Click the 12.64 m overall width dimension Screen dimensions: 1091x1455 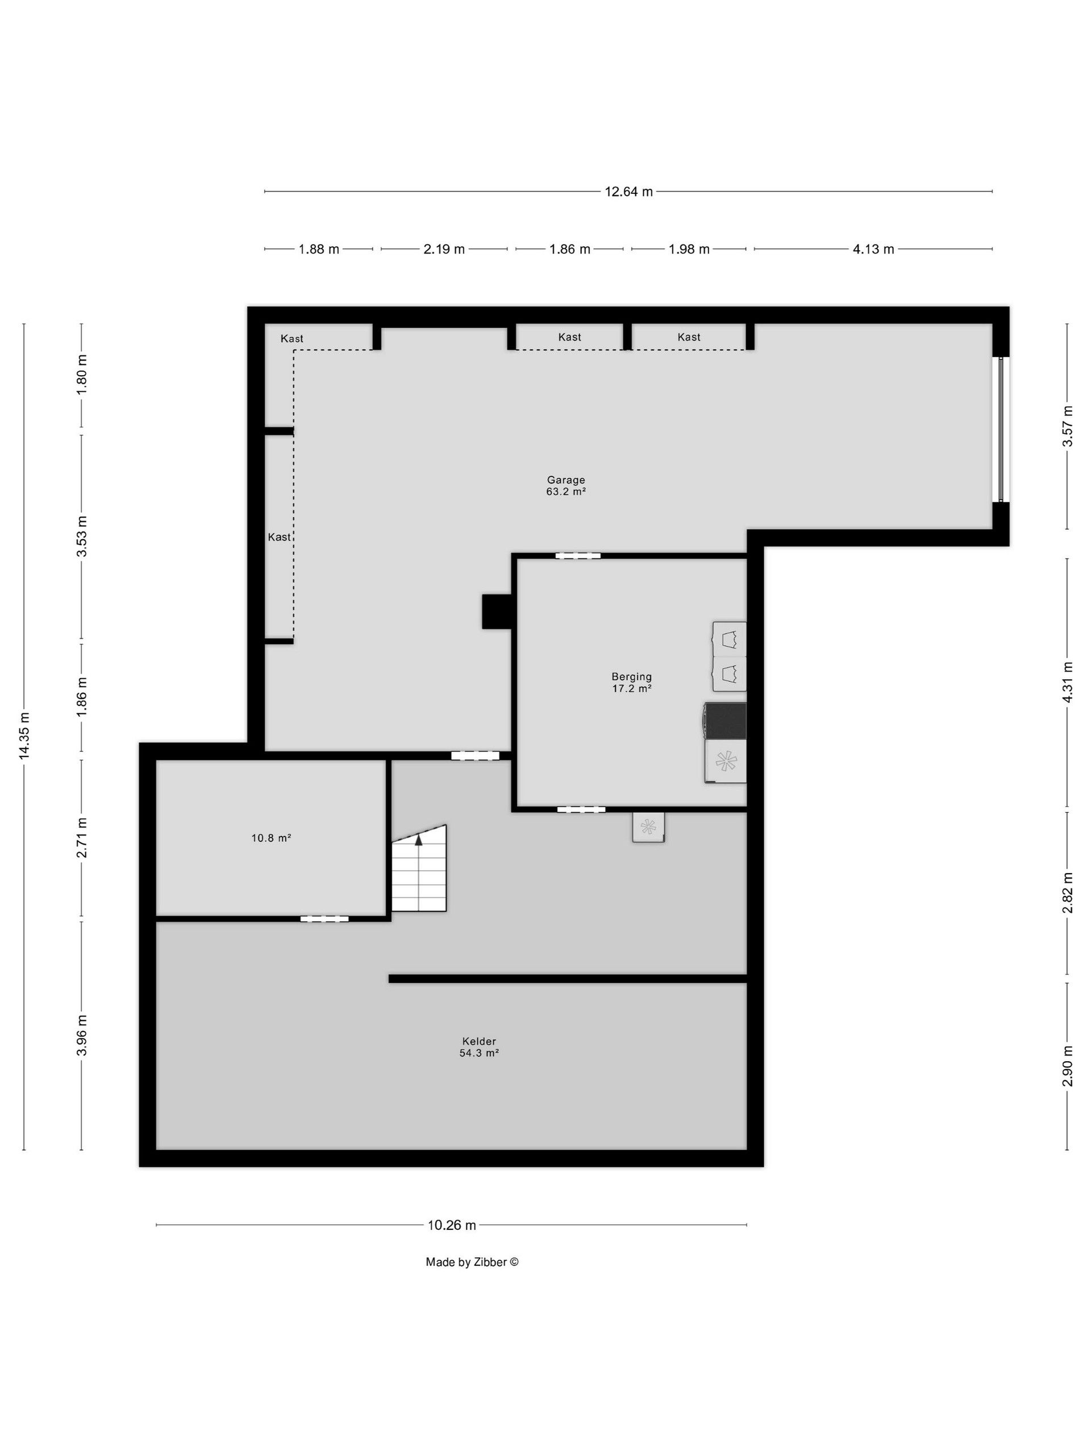click(x=628, y=192)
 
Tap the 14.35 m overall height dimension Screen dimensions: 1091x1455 click(x=24, y=736)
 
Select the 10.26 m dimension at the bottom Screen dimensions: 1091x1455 click(x=452, y=1225)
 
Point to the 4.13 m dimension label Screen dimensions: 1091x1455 click(x=873, y=250)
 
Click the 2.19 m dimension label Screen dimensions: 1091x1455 click(x=444, y=250)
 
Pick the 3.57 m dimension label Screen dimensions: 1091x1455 click(x=1068, y=426)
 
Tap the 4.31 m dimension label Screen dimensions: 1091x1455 click(x=1068, y=682)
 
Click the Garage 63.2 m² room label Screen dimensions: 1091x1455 click(x=565, y=485)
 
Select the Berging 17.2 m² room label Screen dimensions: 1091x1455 click(x=631, y=682)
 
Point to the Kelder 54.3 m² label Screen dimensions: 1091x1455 click(x=479, y=1046)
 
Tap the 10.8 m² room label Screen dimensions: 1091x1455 click(x=271, y=838)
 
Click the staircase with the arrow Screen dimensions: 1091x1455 click(x=419, y=868)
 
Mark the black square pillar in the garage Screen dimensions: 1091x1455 click(x=497, y=612)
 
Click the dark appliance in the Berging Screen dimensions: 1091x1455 click(x=726, y=721)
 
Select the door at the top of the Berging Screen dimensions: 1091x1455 click(x=577, y=556)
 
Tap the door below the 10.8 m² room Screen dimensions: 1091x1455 click(x=324, y=919)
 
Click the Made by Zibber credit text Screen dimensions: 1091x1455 click(x=472, y=1262)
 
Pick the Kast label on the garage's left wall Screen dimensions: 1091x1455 click(x=279, y=537)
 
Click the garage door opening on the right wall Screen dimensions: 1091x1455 click(x=1000, y=430)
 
